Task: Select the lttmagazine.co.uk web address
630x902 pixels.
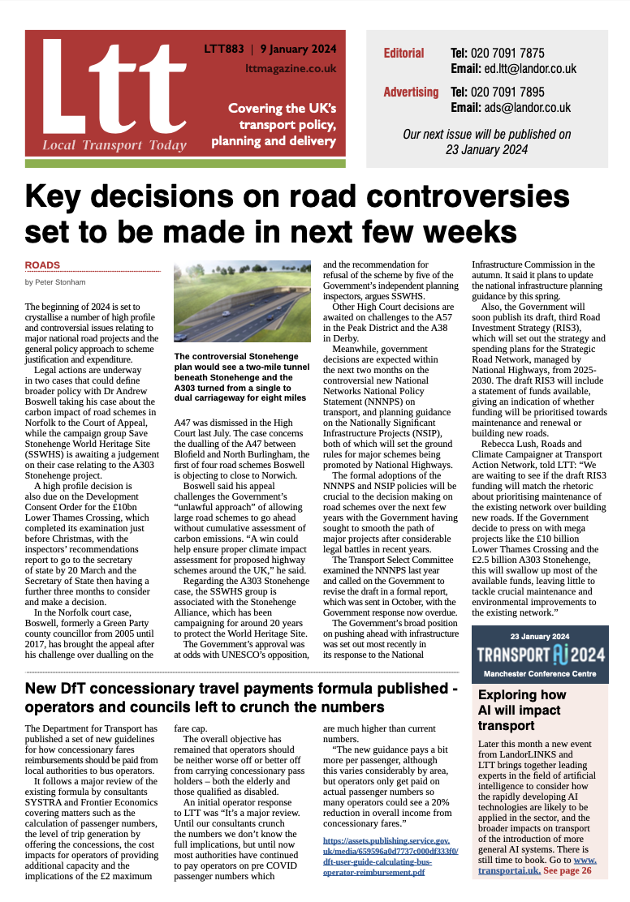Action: click(x=290, y=69)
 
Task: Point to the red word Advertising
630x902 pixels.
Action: click(x=411, y=92)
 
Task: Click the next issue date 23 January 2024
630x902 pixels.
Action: click(x=486, y=149)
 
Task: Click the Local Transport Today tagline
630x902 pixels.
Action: click(x=114, y=146)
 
